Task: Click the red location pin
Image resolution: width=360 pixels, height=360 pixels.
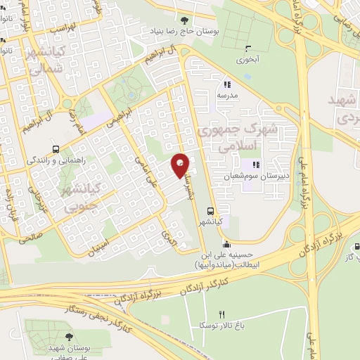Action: (x=181, y=165)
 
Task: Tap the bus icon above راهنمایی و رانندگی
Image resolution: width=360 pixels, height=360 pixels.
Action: (x=56, y=149)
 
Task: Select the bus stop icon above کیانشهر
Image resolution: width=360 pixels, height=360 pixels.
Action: (x=211, y=210)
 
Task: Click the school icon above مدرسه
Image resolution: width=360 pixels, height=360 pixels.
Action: (x=227, y=83)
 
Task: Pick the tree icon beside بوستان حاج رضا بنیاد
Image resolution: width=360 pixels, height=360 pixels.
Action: (x=185, y=20)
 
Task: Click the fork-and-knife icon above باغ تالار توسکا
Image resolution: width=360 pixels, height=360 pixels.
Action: (x=223, y=314)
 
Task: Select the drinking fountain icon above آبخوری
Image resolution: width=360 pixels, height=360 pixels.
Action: (x=247, y=49)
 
